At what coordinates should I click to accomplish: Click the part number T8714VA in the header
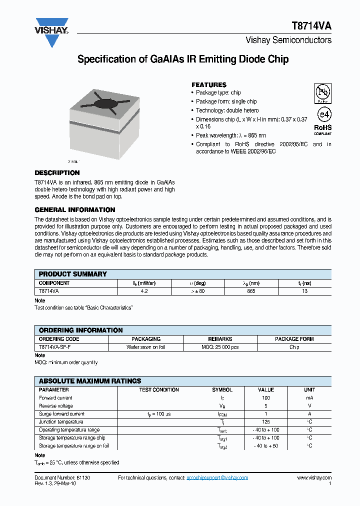311,27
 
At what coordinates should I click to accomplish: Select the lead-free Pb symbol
322,93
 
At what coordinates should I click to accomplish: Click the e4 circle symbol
323,115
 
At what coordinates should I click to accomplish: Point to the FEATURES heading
209,84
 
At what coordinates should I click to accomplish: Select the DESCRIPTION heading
57,172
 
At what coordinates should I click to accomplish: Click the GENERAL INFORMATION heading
75,209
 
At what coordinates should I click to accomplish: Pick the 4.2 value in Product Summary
144,290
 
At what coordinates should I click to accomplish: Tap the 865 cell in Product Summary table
251,290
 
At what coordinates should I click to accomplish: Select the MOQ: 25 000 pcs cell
220,346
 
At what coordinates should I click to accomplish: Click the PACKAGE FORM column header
294,338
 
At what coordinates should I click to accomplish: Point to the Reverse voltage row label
56,406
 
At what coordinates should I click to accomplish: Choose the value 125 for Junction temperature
265,422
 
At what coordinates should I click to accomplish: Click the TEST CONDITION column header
159,389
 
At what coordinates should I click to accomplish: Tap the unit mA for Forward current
309,398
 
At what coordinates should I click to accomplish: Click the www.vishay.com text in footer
313,477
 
